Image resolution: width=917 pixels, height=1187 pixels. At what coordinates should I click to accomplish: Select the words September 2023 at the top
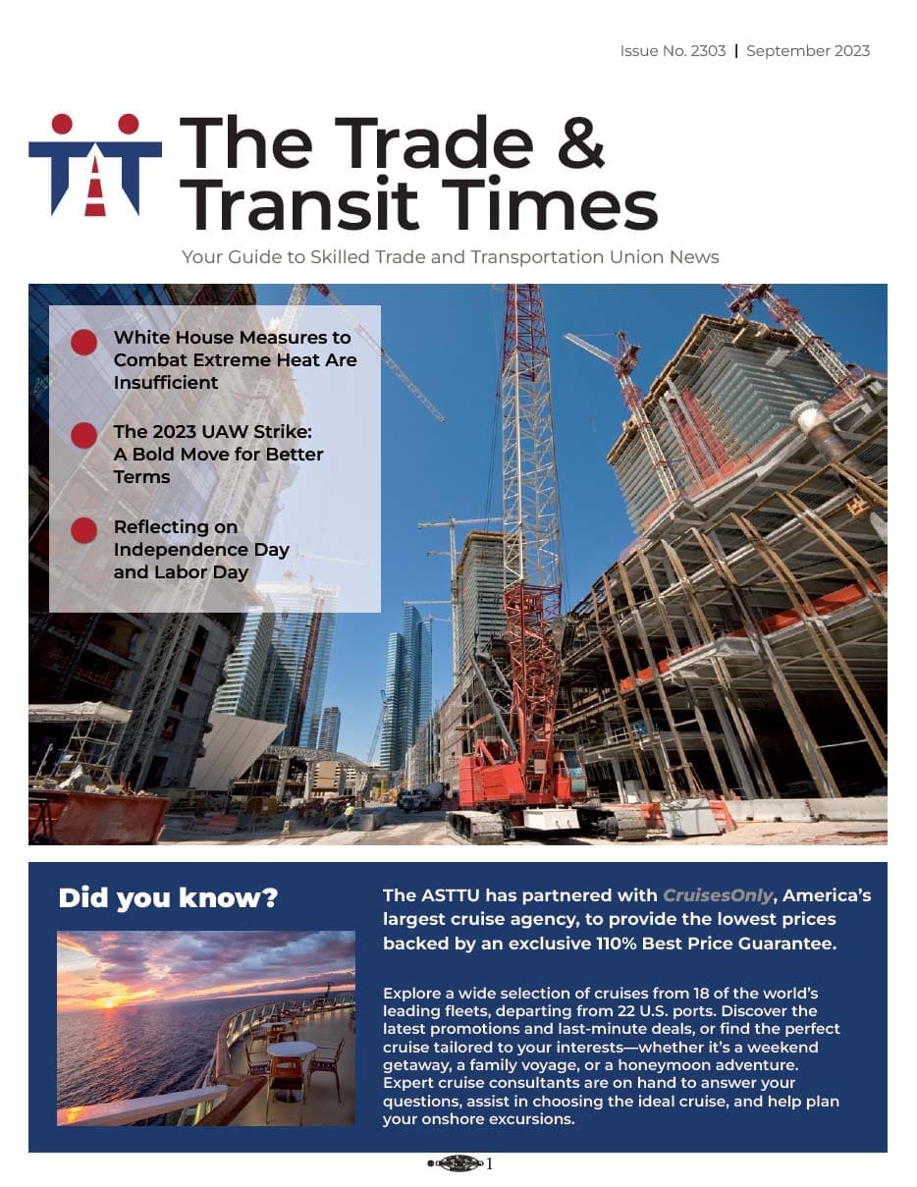click(x=808, y=51)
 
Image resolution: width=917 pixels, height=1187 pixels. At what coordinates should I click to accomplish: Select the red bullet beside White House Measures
click(x=84, y=342)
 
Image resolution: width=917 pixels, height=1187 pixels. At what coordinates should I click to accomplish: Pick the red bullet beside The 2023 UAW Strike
click(x=84, y=435)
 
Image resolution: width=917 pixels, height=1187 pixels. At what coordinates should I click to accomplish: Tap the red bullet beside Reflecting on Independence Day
click(x=84, y=530)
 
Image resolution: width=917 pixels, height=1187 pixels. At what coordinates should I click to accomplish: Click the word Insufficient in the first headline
click(x=166, y=383)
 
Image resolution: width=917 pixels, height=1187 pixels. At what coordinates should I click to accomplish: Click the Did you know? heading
click(x=168, y=898)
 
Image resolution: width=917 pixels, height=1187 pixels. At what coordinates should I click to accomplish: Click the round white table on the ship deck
click(x=292, y=1049)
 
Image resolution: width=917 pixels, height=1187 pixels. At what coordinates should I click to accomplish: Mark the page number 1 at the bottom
click(x=490, y=1164)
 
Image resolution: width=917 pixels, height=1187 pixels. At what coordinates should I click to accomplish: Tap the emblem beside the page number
click(x=458, y=1164)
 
